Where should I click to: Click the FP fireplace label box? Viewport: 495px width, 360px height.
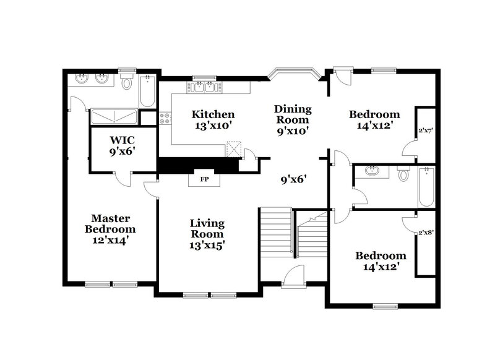[204, 180]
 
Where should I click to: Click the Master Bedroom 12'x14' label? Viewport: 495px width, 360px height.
[110, 229]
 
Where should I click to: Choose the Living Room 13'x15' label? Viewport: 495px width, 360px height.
[207, 233]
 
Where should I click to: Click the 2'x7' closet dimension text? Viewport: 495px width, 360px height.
[426, 131]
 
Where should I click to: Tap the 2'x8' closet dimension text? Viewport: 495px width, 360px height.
[426, 234]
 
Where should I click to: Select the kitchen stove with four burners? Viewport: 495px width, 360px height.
[165, 118]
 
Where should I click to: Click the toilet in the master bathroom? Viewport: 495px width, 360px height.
[127, 82]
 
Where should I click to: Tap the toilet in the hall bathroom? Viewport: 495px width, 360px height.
[403, 174]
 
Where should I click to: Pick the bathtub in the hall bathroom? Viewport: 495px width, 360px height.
[427, 186]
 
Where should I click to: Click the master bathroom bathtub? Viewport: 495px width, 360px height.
[148, 91]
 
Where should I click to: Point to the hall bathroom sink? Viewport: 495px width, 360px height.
[372, 171]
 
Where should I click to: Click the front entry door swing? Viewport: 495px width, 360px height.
[295, 275]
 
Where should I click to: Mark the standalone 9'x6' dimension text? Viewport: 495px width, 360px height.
[294, 180]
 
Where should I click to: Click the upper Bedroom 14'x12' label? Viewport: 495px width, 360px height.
[374, 119]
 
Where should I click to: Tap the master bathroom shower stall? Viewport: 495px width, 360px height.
[114, 116]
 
